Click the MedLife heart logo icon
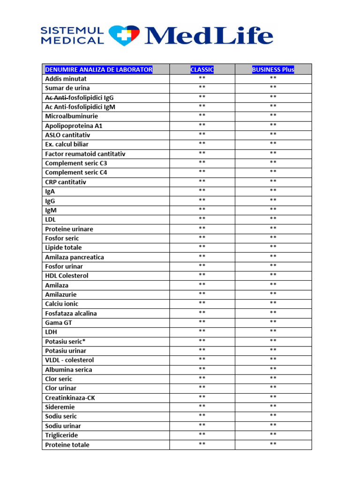pyautogui.click(x=124, y=35)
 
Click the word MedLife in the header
pyautogui.click(x=209, y=36)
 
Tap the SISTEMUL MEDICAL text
pyautogui.click(x=73, y=36)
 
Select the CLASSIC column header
pyautogui.click(x=202, y=69)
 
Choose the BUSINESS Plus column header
pyautogui.click(x=273, y=69)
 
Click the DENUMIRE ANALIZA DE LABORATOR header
pyautogui.click(x=98, y=69)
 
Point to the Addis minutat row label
pyautogui.click(x=66, y=79)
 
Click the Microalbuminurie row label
pyautogui.click(x=72, y=116)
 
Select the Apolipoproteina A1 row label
pyautogui.click(x=74, y=126)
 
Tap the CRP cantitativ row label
pyautogui.click(x=66, y=182)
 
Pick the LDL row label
pyautogui.click(x=50, y=219)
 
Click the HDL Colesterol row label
pyautogui.click(x=67, y=276)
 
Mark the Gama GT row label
pyautogui.click(x=59, y=322)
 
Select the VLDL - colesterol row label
pyautogui.click(x=69, y=360)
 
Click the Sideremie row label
pyautogui.click(x=60, y=407)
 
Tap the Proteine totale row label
pyautogui.click(x=67, y=444)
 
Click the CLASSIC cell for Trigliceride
pyautogui.click(x=202, y=435)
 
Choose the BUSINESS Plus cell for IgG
pyautogui.click(x=273, y=200)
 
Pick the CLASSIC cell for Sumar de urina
pyautogui.click(x=202, y=88)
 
